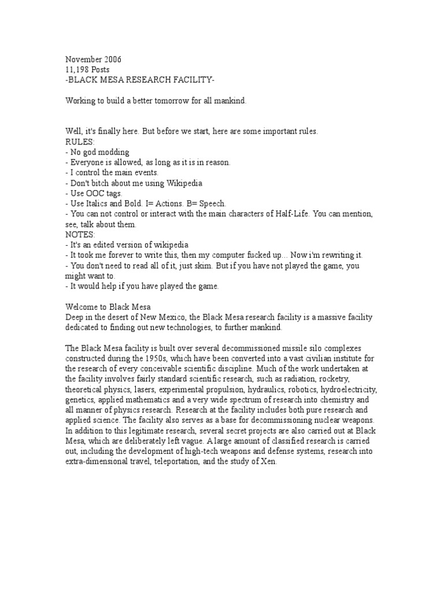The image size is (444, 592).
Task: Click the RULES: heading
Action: click(x=78, y=142)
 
